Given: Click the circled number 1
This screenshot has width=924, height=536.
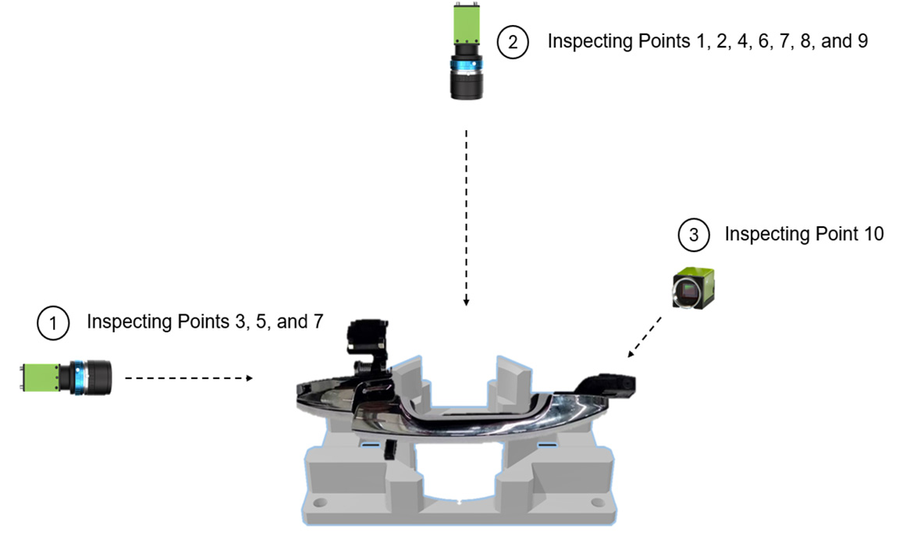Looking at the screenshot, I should click(x=53, y=323).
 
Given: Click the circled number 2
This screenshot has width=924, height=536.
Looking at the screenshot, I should click(x=513, y=41).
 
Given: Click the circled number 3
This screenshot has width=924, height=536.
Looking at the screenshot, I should click(x=693, y=234).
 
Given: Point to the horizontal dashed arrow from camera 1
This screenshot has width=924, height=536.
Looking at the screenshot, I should click(x=188, y=378).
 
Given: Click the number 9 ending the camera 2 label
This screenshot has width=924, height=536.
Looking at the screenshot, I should click(x=862, y=41).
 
